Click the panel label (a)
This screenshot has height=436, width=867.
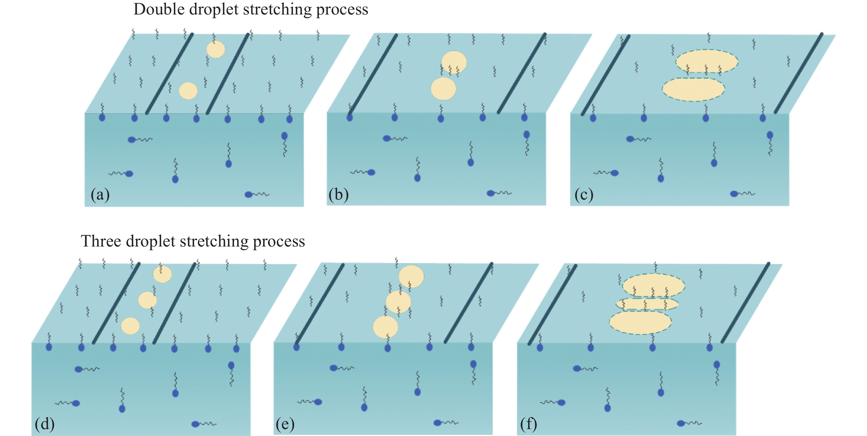(100, 195)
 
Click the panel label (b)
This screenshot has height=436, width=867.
(338, 195)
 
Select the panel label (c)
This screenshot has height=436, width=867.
(584, 195)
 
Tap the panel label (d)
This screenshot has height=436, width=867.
(45, 423)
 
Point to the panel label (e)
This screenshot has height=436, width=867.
(285, 423)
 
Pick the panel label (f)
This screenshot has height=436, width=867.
(529, 423)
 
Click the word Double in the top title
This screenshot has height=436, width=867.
(159, 9)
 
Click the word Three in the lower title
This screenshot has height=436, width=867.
(101, 241)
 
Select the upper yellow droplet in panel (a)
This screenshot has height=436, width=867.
(215, 49)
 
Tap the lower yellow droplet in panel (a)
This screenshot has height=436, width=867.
(188, 91)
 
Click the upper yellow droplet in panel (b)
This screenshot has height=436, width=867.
(454, 62)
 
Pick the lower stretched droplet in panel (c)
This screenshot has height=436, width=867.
(693, 89)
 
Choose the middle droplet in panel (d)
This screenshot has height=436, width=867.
(148, 300)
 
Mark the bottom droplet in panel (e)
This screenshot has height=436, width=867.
(385, 327)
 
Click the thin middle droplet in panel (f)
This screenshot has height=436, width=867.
(647, 304)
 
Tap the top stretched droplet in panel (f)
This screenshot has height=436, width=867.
(653, 285)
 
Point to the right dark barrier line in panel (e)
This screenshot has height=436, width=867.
(468, 303)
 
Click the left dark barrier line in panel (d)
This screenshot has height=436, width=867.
(116, 303)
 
